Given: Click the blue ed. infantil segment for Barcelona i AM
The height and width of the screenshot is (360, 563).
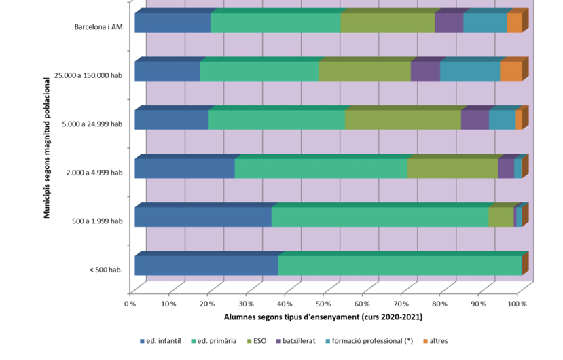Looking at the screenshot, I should click(x=172, y=22).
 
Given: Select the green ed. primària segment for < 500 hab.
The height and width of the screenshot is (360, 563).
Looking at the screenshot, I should click(x=399, y=266).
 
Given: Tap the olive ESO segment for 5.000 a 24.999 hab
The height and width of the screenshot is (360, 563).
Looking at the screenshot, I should click(x=403, y=120).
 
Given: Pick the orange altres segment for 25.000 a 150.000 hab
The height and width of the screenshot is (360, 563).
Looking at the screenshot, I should click(x=511, y=71).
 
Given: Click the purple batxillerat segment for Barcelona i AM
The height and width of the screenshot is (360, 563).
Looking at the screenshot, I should click(x=449, y=22).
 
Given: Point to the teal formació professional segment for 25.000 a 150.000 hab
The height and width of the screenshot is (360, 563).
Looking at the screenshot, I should click(x=470, y=71).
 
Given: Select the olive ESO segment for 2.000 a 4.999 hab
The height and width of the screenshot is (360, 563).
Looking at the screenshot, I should click(x=452, y=168).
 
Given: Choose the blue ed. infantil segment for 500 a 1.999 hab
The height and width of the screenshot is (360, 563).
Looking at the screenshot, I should click(x=203, y=217).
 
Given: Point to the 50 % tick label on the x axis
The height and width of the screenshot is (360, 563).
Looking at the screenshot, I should click(x=323, y=303).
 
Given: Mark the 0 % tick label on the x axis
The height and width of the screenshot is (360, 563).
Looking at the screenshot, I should click(x=129, y=303).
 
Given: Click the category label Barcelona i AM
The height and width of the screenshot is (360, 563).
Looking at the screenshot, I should click(x=98, y=27).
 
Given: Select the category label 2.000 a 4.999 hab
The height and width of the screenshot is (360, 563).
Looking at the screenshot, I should click(x=94, y=173).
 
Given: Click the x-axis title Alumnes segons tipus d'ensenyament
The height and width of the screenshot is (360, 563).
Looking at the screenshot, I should click(x=323, y=317).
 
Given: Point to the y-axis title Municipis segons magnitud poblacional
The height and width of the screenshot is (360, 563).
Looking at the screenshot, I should click(x=47, y=147).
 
